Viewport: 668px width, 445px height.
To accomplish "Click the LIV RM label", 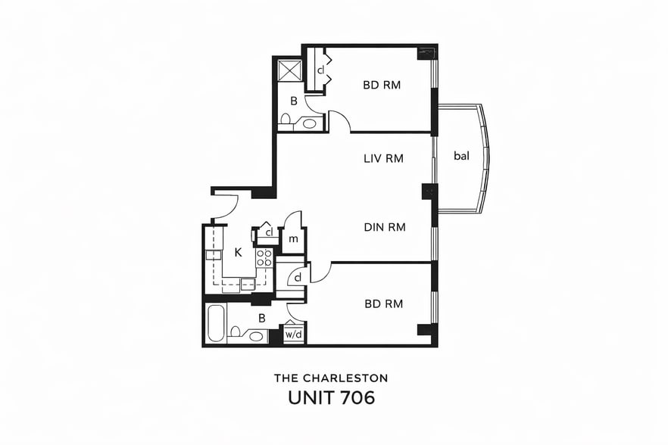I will point(383,159).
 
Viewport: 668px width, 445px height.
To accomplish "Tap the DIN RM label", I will point(385,226).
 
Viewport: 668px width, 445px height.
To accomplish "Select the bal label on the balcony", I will point(462,156).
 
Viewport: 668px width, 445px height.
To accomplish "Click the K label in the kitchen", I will point(238,252).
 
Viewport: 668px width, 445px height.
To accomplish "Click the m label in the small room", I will point(294,239).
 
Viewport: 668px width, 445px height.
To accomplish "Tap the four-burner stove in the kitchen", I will point(264,257).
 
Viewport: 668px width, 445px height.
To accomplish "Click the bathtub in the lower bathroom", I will point(214,323).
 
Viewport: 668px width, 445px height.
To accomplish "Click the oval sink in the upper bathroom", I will point(310,123).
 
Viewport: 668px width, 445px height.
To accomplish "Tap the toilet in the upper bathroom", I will point(286,119).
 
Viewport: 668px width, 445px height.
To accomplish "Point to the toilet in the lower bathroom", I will point(236,331).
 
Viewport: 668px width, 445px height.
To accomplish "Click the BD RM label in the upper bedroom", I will point(382,85).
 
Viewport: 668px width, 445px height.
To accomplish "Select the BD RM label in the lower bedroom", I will point(383,304).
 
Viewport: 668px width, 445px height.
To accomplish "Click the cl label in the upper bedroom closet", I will point(321,70).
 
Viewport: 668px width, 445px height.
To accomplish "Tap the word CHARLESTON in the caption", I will point(347,377).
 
